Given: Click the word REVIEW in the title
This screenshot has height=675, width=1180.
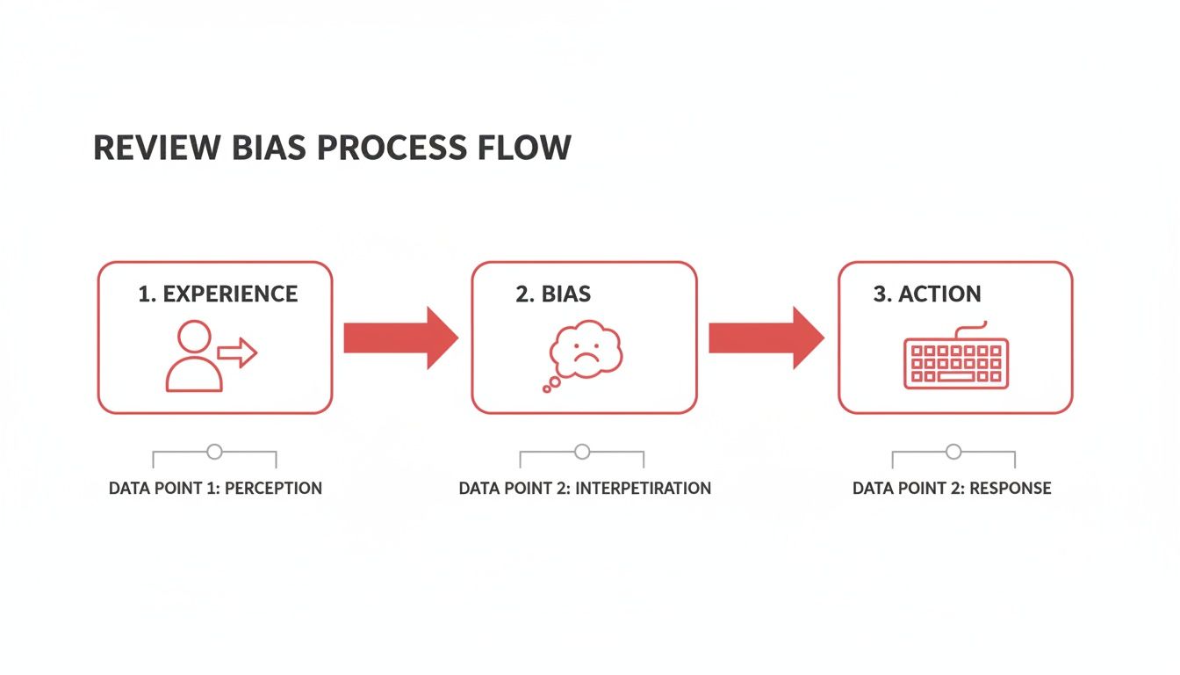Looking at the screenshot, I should (145, 148).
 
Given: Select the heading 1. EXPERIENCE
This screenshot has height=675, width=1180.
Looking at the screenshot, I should (218, 294).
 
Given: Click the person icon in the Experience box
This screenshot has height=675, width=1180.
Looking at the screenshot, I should (194, 356).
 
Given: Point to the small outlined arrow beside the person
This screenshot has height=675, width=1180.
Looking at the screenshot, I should (237, 353).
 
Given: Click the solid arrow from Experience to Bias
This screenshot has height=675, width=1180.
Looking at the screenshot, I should (400, 337).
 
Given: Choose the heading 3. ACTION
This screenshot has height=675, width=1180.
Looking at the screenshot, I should (927, 294).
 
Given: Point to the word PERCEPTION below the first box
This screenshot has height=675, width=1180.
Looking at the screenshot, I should (273, 488).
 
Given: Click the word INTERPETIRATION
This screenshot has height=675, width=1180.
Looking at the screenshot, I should (641, 488).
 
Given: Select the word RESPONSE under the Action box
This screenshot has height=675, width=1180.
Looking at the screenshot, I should (1011, 488).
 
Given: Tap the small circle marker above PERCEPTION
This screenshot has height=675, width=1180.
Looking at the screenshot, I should (214, 453).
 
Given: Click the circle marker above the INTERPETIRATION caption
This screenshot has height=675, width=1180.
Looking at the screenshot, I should (582, 453).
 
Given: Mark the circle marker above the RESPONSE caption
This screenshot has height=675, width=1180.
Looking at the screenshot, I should (953, 453).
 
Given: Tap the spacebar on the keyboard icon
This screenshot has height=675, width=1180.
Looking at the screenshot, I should (956, 377).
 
